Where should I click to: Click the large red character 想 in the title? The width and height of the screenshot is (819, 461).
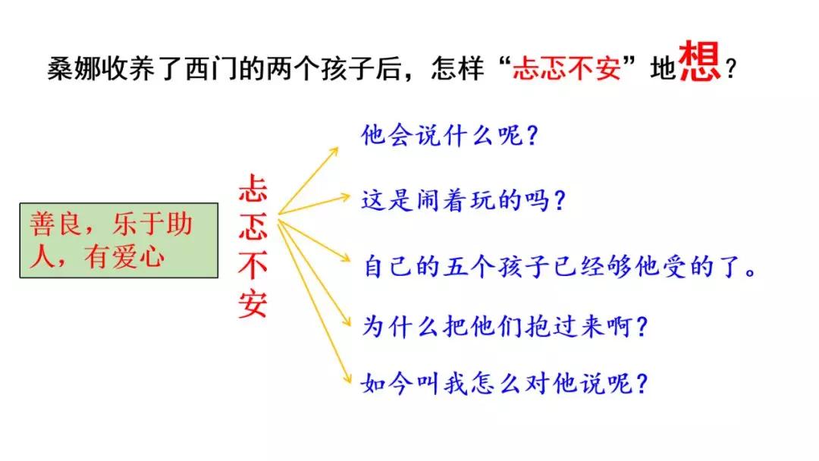(700, 61)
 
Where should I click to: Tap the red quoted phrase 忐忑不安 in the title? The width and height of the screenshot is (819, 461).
(566, 68)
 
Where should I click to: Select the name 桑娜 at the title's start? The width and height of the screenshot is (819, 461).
(74, 68)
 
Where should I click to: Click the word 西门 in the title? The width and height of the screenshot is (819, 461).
(212, 68)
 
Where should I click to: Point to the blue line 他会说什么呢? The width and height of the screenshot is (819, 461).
(449, 135)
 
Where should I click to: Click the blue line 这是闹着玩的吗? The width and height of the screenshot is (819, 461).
(463, 200)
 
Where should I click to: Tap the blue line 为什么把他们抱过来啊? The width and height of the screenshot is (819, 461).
(504, 326)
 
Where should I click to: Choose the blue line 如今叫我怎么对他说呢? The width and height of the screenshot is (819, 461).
(504, 384)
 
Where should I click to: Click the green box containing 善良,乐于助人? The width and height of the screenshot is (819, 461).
(119, 240)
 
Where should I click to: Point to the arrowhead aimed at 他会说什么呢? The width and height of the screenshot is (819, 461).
(333, 152)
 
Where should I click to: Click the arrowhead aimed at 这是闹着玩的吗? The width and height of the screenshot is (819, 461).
(344, 197)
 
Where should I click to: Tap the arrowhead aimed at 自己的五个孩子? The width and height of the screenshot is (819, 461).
(345, 257)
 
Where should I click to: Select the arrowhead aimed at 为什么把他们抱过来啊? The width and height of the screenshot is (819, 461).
(346, 321)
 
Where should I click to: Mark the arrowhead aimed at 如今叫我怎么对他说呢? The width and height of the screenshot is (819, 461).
(347, 378)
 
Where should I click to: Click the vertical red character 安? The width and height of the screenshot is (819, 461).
(253, 304)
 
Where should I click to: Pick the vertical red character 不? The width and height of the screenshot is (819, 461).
(253, 265)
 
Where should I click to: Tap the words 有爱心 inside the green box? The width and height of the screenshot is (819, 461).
(124, 257)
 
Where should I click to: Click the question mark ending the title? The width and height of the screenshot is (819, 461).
(731, 69)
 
